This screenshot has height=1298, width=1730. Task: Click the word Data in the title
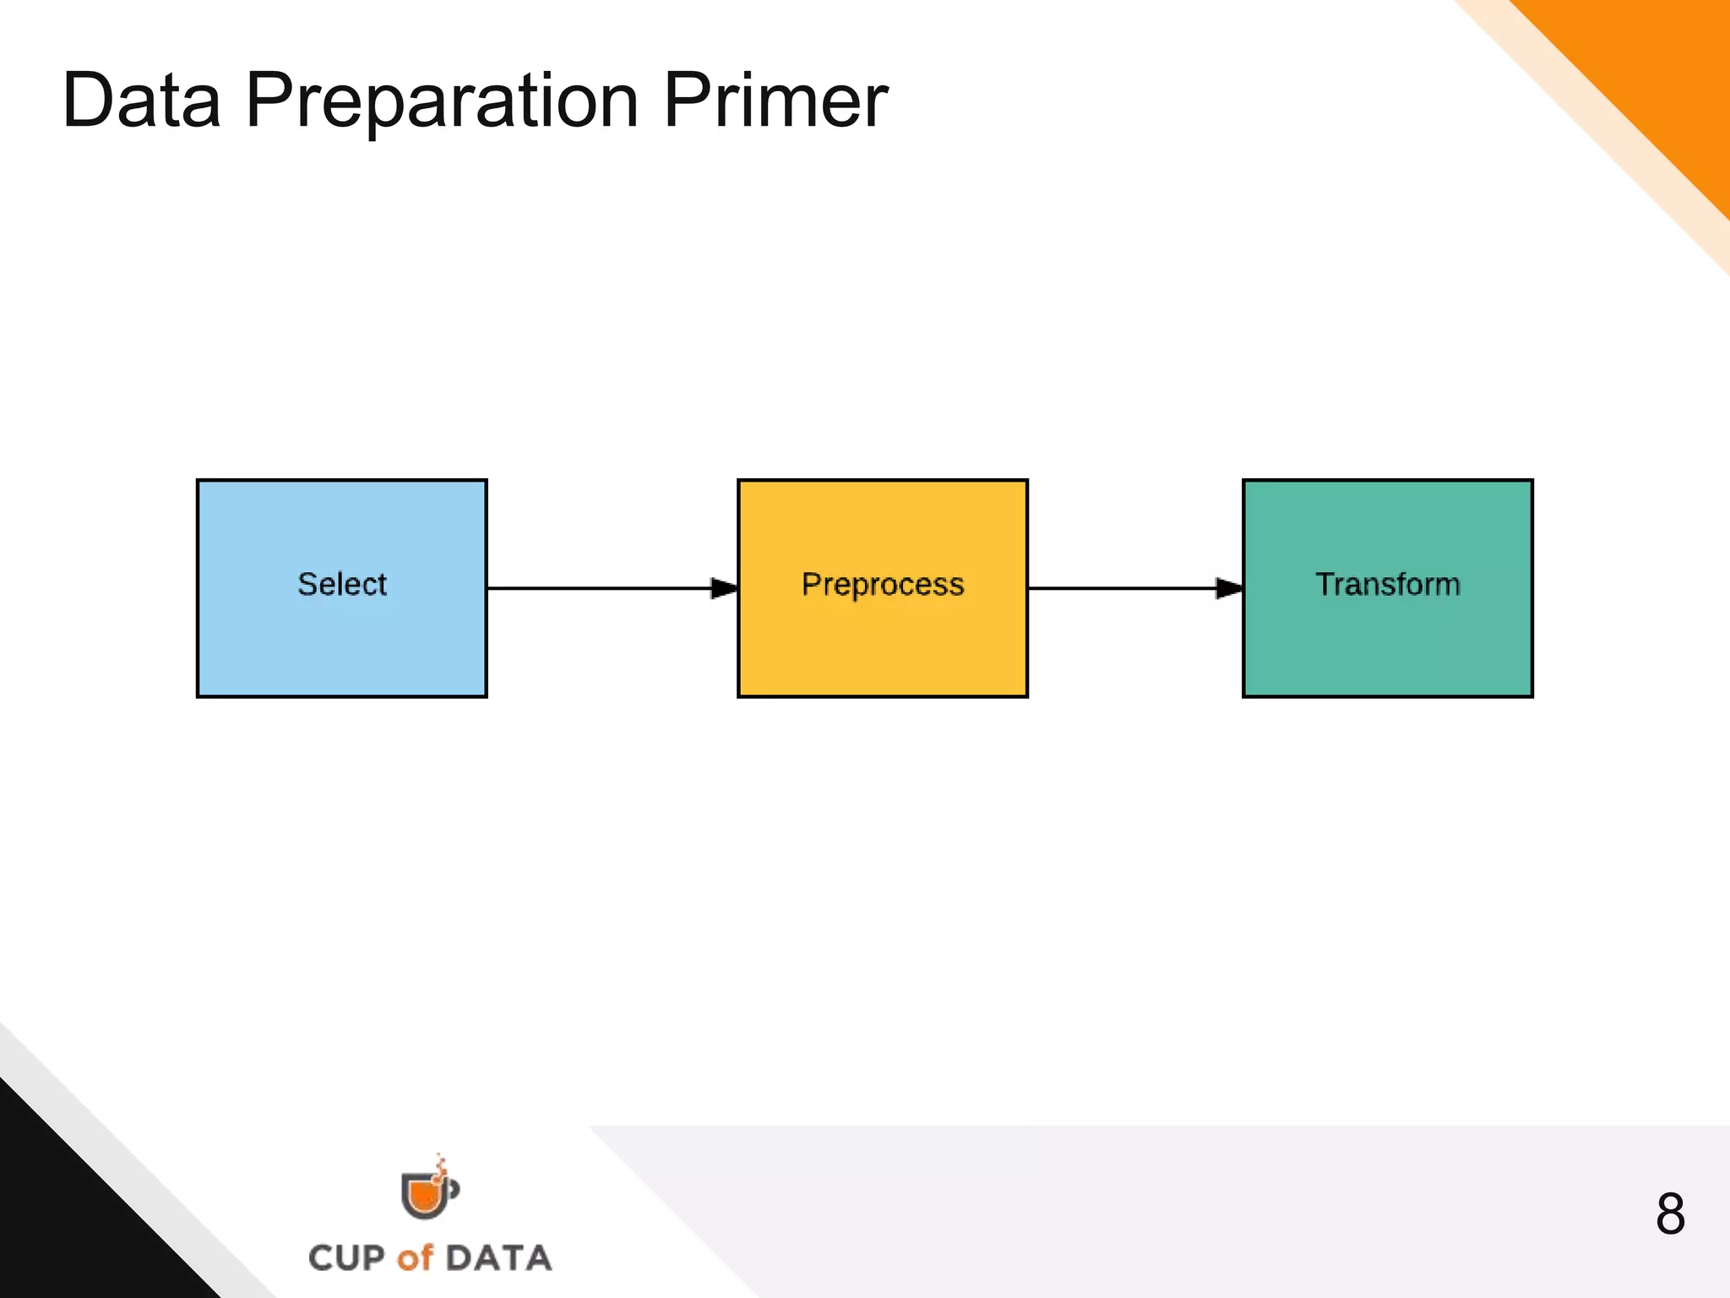coord(142,101)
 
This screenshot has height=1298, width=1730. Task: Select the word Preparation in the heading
coord(442,101)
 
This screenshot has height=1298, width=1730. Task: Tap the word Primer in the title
coord(775,101)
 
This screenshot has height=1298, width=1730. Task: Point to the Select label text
coord(341,584)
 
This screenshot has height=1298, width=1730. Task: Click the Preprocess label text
coord(882,584)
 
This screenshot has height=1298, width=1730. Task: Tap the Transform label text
coord(1387,584)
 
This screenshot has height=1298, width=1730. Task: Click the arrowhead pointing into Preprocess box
coord(724,588)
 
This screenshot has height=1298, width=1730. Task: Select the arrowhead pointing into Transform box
coord(1228,588)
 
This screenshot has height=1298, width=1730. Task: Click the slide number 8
coord(1670,1214)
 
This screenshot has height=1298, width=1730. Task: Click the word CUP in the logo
coord(346,1258)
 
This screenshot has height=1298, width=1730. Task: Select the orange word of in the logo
coord(415,1258)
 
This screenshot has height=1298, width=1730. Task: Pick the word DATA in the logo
coord(498,1258)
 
